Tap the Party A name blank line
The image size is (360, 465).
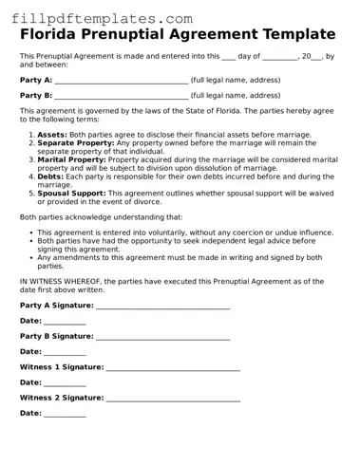pyautogui.click(x=122, y=83)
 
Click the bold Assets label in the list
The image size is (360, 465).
pyautogui.click(x=52, y=135)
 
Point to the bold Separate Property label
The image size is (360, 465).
pyautogui.click(x=77, y=143)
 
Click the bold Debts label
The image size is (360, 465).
pyautogui.click(x=50, y=176)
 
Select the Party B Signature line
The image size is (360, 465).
pyautogui.click(x=162, y=338)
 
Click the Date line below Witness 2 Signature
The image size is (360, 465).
pyautogui.click(x=65, y=415)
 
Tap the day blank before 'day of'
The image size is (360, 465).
pyautogui.click(x=228, y=57)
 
